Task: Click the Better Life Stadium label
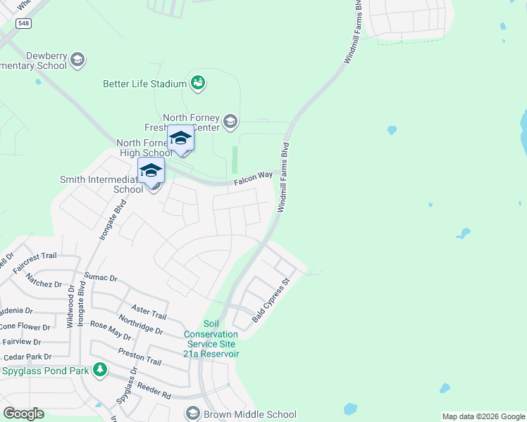point(144,84)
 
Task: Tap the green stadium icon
point(198,84)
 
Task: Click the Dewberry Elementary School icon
point(77,60)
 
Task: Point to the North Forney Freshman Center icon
point(230,122)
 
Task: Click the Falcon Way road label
point(253,181)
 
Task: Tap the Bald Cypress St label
point(271,303)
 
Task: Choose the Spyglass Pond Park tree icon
point(101,369)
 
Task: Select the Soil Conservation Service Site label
point(211,338)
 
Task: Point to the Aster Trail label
point(149,312)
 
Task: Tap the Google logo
point(23,414)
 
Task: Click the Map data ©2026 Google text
point(483,416)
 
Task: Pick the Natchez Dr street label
point(44,283)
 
